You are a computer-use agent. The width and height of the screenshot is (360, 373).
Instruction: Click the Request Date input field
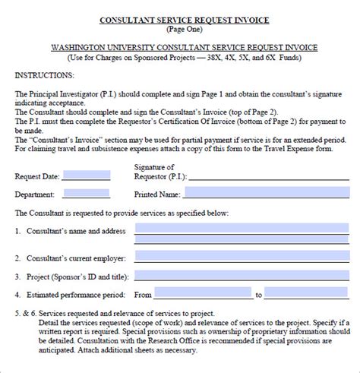[85, 175]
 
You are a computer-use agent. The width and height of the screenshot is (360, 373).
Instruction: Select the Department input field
[85, 193]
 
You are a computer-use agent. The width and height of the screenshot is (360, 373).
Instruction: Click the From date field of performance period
[203, 294]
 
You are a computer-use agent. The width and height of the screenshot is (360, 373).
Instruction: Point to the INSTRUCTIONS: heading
[45, 76]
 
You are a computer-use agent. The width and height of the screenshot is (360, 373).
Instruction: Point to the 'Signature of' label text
[154, 167]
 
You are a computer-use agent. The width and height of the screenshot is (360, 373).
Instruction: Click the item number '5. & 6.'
[25, 312]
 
